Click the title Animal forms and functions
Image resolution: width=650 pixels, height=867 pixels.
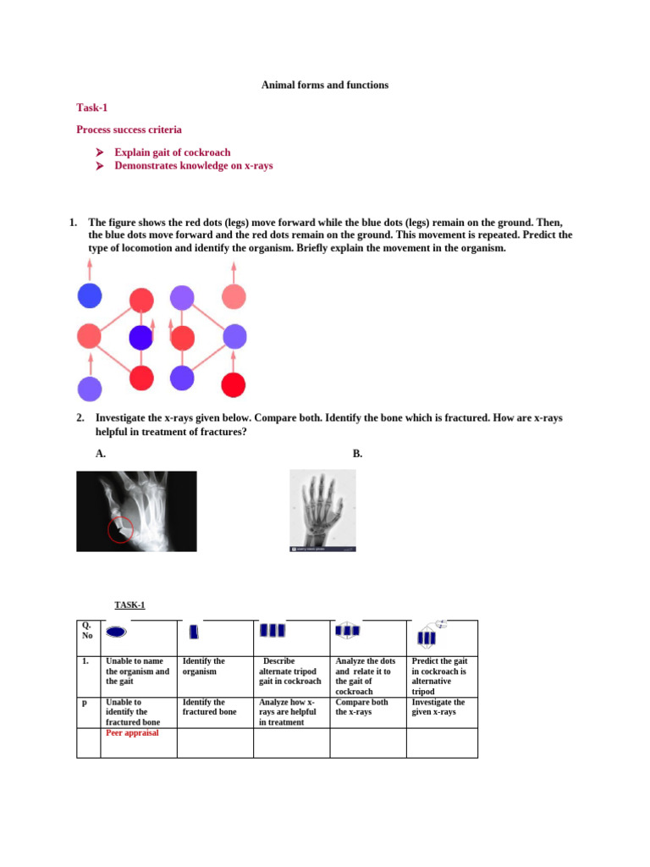[x=325, y=86]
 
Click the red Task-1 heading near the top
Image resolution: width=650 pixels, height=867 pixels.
[x=92, y=108]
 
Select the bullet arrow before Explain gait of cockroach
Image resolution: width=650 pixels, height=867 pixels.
[x=99, y=152]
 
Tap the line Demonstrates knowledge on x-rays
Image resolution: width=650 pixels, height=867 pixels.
[x=194, y=166]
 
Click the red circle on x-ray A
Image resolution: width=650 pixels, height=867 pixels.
[x=120, y=530]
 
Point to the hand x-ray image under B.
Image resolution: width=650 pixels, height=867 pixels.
[x=322, y=511]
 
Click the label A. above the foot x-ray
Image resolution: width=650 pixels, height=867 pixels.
[x=101, y=454]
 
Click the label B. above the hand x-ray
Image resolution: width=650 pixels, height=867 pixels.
[x=357, y=454]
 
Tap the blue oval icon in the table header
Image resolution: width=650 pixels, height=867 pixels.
[x=117, y=632]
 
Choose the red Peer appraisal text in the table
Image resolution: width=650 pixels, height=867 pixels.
[x=132, y=733]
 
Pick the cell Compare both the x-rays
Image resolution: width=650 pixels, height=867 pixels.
[x=362, y=707]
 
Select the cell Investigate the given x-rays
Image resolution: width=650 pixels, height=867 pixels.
[x=438, y=707]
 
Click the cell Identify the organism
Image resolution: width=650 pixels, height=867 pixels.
[x=204, y=666]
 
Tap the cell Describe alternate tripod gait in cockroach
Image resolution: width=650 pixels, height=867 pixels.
[x=290, y=671]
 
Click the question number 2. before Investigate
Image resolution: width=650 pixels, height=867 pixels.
[x=80, y=418]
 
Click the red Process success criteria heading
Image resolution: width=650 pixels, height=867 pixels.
[x=129, y=130]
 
